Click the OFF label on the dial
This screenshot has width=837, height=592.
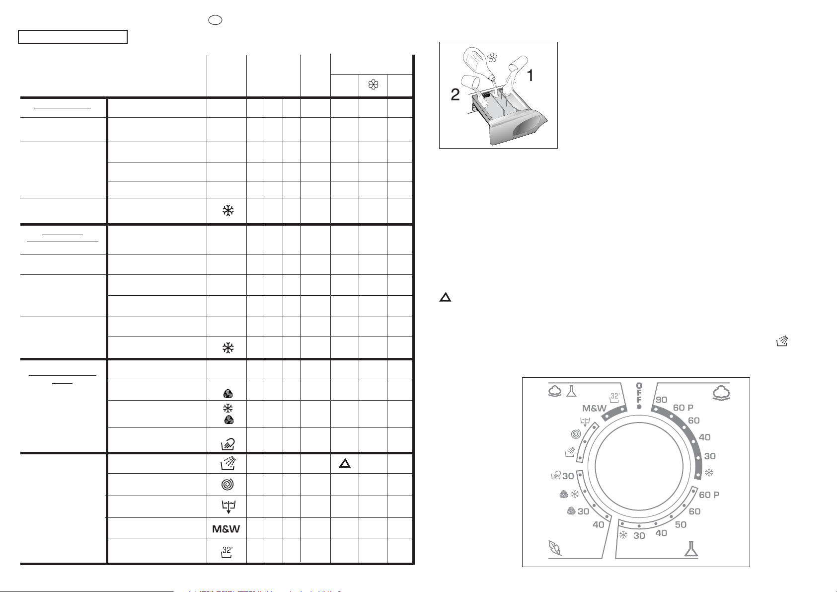tap(639, 393)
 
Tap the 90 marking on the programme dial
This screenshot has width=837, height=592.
tap(661, 400)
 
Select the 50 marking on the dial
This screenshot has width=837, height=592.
tap(681, 525)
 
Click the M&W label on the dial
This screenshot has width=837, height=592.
tap(594, 409)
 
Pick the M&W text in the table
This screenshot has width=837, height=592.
tap(226, 529)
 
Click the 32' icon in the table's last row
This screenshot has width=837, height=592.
tap(227, 552)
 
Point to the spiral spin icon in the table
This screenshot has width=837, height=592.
tap(228, 484)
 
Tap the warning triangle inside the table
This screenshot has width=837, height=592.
tap(345, 464)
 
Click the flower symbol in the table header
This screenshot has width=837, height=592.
tap(373, 85)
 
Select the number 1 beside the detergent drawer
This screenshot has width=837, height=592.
tap(530, 76)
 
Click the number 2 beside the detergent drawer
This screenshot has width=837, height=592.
tap(455, 94)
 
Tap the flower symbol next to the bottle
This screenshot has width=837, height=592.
tap(492, 58)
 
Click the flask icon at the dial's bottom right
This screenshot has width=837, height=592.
tap(691, 549)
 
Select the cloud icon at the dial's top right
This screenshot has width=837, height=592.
tap(721, 393)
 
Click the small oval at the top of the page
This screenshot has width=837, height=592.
tap(215, 20)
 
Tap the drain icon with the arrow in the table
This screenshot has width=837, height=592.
tap(228, 507)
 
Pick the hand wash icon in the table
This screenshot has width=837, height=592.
tap(228, 444)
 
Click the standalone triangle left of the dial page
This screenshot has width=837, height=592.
tap(445, 297)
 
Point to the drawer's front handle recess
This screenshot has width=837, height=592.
tap(528, 128)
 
